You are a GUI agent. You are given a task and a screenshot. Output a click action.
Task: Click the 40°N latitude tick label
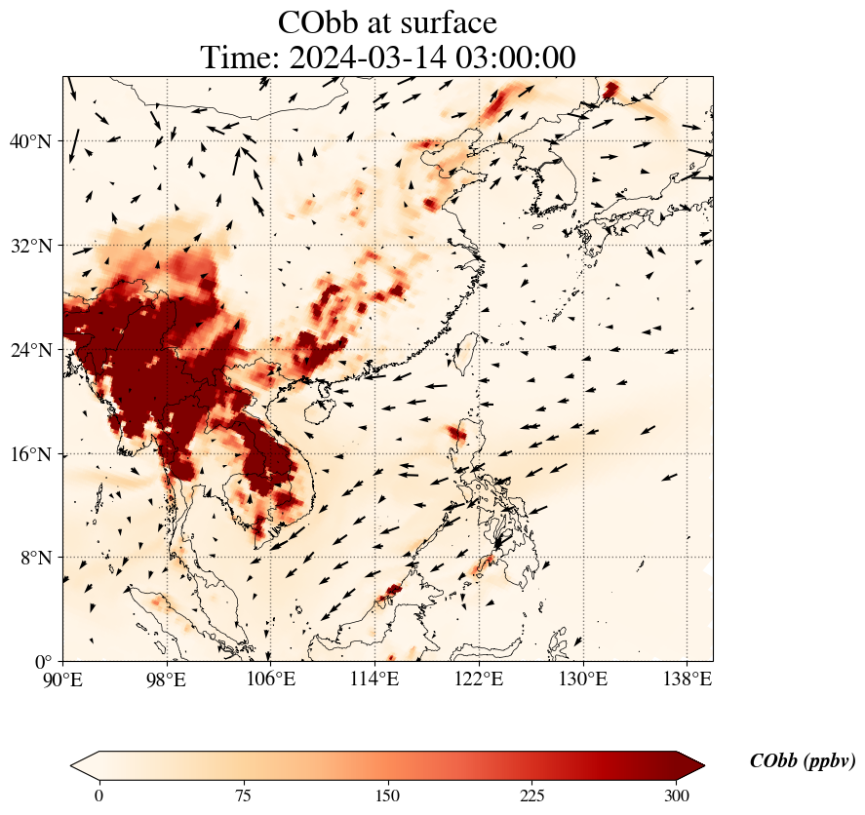(30, 141)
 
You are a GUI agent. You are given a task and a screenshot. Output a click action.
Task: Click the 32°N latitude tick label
(30, 246)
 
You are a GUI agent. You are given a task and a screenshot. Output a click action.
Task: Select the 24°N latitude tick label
(30, 350)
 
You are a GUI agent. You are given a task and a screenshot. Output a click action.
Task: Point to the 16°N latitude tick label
(30, 454)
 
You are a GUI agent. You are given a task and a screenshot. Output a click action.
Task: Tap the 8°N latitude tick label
(34, 558)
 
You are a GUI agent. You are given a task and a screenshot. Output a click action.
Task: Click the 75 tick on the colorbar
(244, 796)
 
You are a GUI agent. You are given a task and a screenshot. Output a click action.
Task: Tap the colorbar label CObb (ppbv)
(803, 761)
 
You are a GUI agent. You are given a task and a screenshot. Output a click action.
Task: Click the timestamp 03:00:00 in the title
(511, 58)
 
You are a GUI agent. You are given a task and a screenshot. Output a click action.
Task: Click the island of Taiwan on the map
(466, 350)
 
